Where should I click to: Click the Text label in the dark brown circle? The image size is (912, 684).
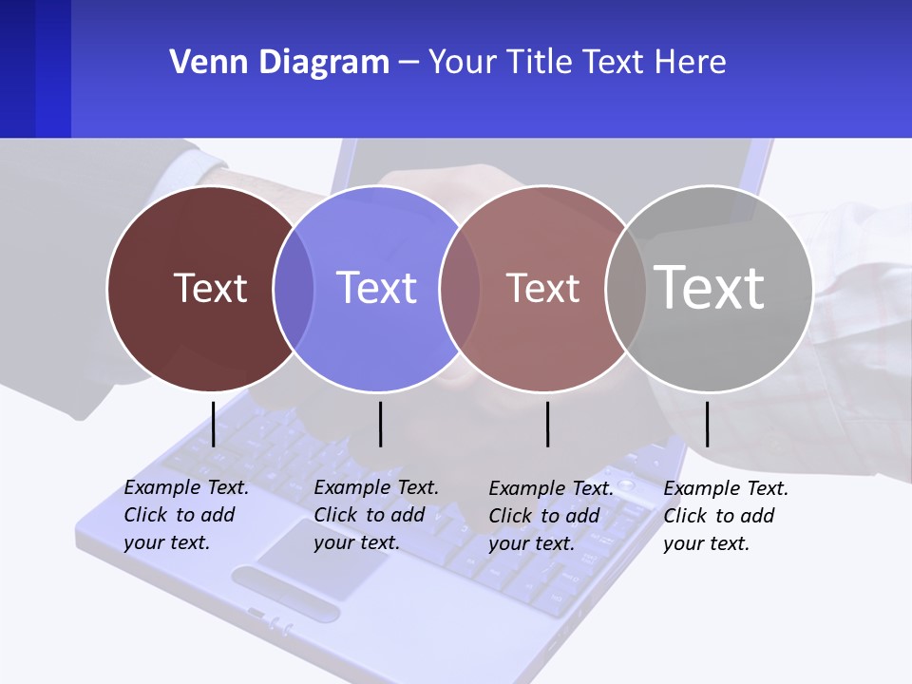(210, 288)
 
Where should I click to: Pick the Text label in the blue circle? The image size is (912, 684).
(376, 288)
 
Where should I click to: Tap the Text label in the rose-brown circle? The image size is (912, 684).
(542, 288)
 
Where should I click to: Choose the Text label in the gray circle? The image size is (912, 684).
(710, 287)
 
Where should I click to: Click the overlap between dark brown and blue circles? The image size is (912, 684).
(294, 288)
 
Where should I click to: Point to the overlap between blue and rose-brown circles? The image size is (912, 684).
(460, 288)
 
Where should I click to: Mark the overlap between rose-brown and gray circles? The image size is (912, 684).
(626, 288)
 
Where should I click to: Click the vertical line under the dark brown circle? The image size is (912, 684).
(213, 424)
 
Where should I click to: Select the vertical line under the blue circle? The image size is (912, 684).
(380, 424)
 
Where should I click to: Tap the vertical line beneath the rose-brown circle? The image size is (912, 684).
(547, 424)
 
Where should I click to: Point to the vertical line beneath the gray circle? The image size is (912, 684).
(707, 424)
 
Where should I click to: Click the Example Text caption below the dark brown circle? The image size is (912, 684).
(186, 515)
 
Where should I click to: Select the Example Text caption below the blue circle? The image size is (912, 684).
(376, 515)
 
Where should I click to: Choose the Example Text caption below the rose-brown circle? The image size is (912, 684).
(551, 516)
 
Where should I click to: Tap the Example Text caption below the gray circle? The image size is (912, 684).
(726, 516)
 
